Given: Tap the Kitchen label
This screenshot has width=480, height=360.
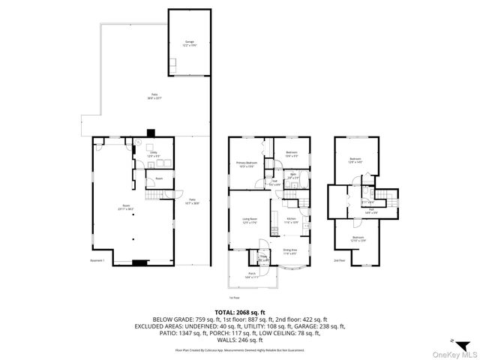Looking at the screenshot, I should pyautogui.click(x=292, y=220).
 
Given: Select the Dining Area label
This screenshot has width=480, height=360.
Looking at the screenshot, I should pyautogui.click(x=289, y=251).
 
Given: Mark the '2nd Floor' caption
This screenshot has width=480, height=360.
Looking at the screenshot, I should pyautogui.click(x=340, y=260).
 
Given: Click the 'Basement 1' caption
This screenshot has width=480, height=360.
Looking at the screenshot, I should pyautogui.click(x=97, y=260).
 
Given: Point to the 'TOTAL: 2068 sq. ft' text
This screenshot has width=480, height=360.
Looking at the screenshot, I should pyautogui.click(x=240, y=311).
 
